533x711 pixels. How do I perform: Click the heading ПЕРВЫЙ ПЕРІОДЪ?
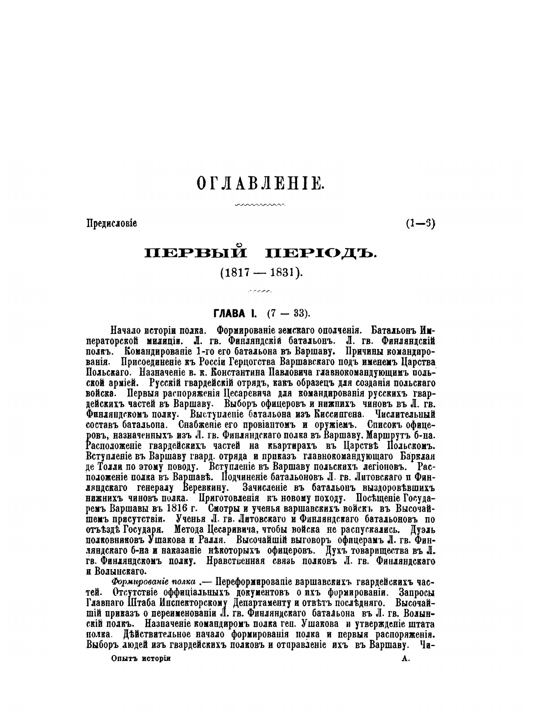pyautogui.click(x=261, y=254)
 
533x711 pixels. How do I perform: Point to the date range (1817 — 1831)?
pyautogui.click(x=261, y=273)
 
